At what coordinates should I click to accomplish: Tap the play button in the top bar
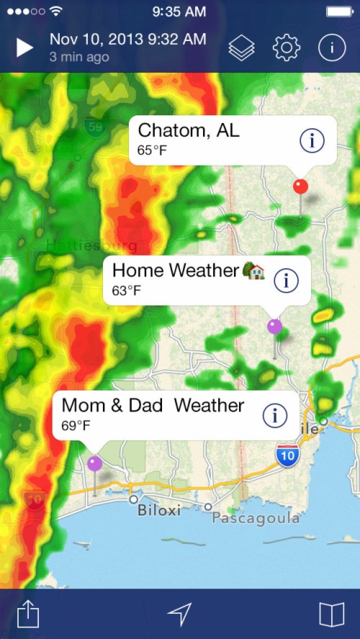coord(24,48)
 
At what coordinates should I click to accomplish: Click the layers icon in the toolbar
coord(242,48)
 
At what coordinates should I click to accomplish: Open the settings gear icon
coord(286,48)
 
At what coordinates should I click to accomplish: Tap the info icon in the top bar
coord(331,48)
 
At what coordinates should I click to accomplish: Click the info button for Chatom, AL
coord(312,140)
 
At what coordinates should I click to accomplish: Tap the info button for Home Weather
coord(286,280)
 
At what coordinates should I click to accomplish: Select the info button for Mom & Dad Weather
coord(274,415)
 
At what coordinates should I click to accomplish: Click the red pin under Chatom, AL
coord(300,187)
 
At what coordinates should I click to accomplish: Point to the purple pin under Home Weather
coord(274,326)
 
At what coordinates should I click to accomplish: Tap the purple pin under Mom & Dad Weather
coord(94,463)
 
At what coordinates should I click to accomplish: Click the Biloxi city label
coord(159,511)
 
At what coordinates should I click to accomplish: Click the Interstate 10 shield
coord(287,455)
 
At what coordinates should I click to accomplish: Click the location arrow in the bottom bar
coord(180,614)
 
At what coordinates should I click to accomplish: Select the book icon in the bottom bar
coord(332,614)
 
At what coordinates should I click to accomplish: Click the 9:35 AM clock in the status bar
coord(180,12)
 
